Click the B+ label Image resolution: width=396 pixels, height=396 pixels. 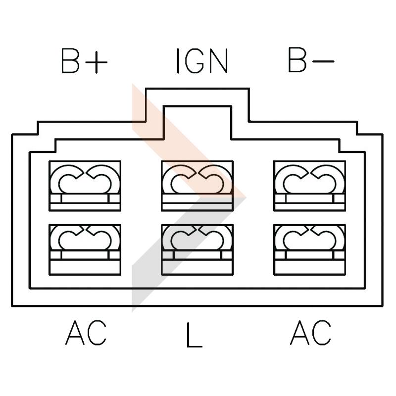click(x=84, y=61)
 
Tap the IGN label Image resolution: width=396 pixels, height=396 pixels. click(x=201, y=61)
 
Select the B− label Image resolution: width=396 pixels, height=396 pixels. click(x=310, y=61)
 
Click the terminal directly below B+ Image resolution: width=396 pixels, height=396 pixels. click(x=85, y=186)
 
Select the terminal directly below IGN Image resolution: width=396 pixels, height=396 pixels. click(x=197, y=186)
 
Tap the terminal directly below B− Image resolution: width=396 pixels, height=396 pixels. click(x=309, y=186)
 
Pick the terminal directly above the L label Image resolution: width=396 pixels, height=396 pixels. click(x=197, y=249)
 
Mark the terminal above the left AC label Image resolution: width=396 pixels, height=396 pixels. click(x=85, y=249)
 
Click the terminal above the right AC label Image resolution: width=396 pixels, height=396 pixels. click(x=309, y=249)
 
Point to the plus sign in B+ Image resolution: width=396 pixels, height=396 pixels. click(x=98, y=62)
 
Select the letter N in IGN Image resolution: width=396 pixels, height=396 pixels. click(x=218, y=61)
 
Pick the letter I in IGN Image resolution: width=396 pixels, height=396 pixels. click(x=178, y=61)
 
